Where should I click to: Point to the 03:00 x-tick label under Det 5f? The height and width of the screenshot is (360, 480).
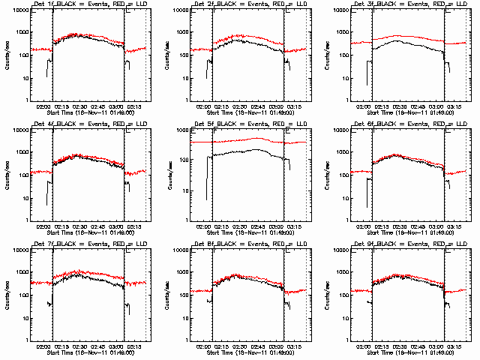click(279, 226)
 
